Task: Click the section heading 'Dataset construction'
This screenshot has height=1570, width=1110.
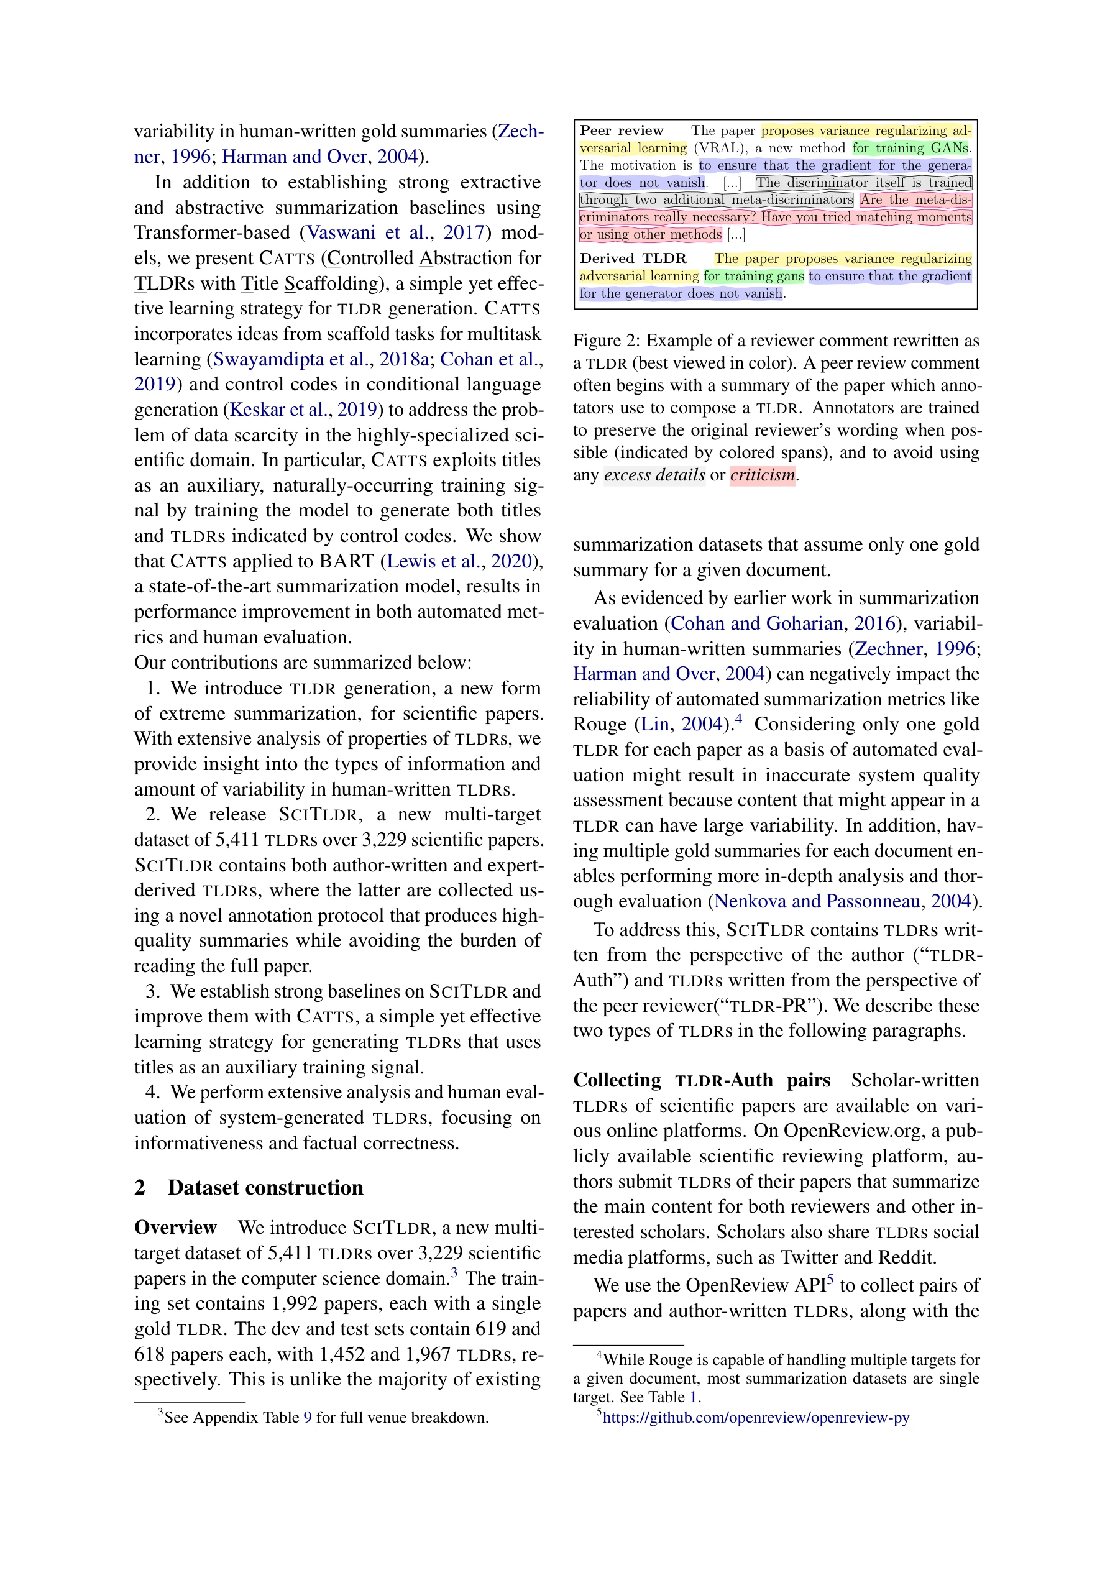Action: tap(265, 1187)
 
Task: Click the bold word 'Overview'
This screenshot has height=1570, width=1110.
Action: tap(175, 1228)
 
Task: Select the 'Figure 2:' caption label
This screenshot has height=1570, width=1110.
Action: tap(606, 341)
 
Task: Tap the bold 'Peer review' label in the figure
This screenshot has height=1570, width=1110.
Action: tap(621, 131)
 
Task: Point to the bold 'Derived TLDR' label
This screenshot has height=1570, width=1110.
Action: tap(633, 259)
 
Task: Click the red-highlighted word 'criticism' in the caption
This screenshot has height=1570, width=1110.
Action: tap(762, 475)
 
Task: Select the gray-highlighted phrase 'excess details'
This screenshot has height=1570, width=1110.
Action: tap(654, 475)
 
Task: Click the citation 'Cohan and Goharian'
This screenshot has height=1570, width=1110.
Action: tap(756, 623)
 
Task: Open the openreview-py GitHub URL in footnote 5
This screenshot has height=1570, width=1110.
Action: tap(756, 1417)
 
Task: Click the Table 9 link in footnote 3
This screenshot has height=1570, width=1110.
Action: tap(308, 1418)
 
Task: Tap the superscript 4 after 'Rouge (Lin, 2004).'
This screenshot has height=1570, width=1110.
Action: tap(738, 718)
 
